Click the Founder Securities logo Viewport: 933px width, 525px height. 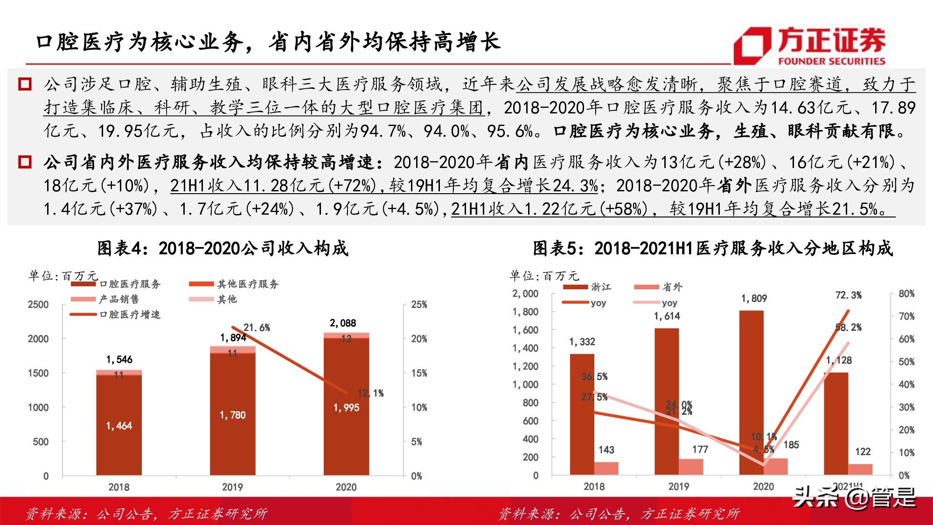[x=809, y=46]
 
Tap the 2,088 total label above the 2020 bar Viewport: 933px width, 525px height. [x=343, y=323]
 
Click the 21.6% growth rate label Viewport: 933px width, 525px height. [x=257, y=328]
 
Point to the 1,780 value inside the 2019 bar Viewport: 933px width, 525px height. [x=232, y=415]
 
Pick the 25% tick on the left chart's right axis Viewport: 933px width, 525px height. [x=419, y=305]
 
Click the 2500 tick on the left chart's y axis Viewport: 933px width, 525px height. [x=38, y=305]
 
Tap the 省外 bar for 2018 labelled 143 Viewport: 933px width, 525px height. [x=606, y=468]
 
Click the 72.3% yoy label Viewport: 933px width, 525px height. [x=848, y=295]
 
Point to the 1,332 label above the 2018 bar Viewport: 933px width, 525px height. [x=582, y=342]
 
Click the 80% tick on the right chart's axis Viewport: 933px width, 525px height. [x=906, y=294]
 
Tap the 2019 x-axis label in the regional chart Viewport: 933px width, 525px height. [x=678, y=486]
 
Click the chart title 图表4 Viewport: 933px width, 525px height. [x=223, y=248]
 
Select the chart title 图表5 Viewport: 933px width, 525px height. [x=712, y=248]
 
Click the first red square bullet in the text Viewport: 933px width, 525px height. [x=24, y=84]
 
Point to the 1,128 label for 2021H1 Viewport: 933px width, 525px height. [x=838, y=360]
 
